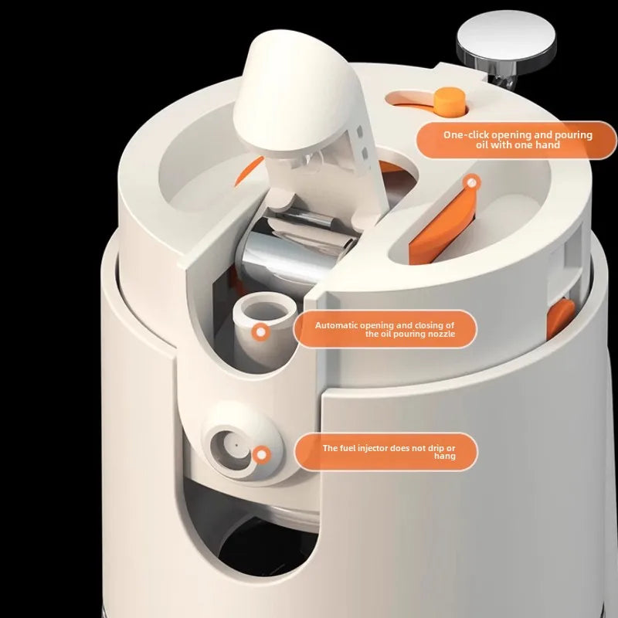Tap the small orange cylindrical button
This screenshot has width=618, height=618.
(x=450, y=102)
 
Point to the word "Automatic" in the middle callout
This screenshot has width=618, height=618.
(x=336, y=325)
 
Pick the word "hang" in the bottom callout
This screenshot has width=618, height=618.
(x=445, y=457)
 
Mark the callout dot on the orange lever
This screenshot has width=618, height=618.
(x=471, y=183)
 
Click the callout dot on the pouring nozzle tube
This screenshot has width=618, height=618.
(x=260, y=332)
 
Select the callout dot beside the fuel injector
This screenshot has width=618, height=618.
(x=261, y=455)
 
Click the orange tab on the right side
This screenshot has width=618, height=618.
(x=560, y=318)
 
